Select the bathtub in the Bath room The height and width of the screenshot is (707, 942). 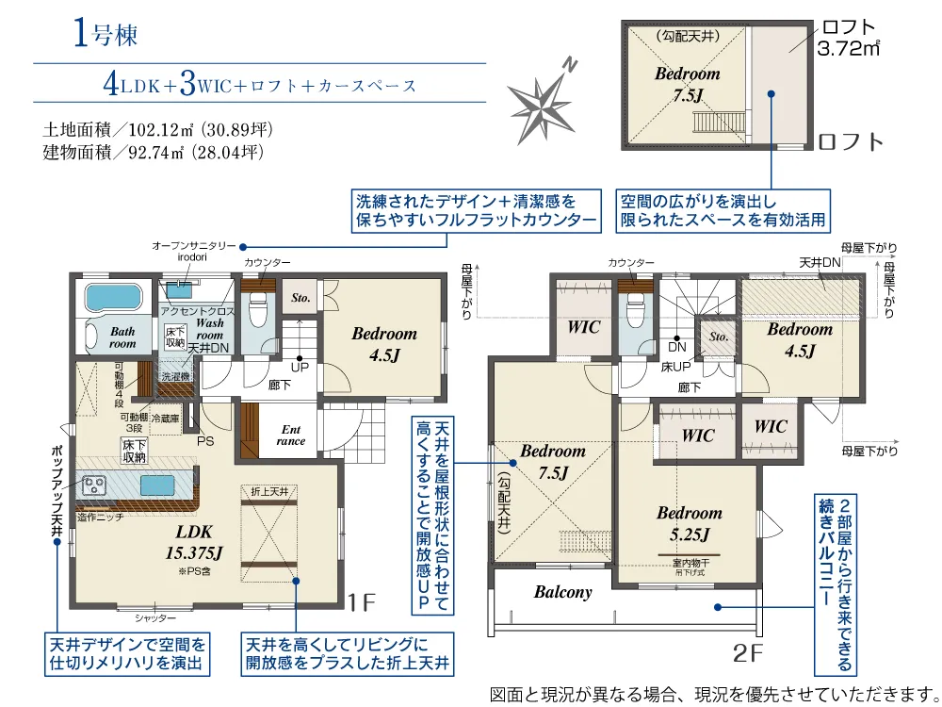112,298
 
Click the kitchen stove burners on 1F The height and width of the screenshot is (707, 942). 96,486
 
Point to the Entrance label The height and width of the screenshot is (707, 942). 292,435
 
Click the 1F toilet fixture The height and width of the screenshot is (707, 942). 258,308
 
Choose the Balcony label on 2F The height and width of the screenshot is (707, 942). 562,592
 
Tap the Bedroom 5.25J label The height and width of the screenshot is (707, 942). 690,524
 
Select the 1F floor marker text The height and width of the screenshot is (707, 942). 362,601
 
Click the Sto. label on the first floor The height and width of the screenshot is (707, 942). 300,298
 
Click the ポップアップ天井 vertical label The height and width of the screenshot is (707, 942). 57,489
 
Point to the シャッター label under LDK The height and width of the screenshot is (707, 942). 156,617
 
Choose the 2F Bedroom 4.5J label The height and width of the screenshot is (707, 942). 799,339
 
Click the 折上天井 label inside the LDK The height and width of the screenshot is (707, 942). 270,492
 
